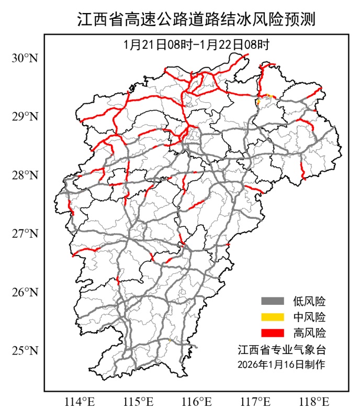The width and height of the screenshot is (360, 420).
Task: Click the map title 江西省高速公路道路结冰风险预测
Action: [196, 20]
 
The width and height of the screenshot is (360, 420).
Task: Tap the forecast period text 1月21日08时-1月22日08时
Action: [196, 45]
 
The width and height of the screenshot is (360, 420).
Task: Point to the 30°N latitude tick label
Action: [25, 58]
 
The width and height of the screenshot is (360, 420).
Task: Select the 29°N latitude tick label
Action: [25, 116]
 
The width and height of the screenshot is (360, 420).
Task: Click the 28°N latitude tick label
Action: [25, 175]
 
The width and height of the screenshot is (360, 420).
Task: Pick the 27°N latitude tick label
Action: [25, 233]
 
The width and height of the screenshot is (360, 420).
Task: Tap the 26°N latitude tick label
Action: [25, 292]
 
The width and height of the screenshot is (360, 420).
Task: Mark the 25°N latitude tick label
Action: [25, 350]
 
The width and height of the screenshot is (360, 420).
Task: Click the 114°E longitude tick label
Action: [80, 402]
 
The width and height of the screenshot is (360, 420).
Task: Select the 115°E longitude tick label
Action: [139, 402]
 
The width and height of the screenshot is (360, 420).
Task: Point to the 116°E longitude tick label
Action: [198, 402]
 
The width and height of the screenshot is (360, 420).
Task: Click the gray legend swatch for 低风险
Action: [273, 301]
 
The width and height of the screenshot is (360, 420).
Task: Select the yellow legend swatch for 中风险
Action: [273, 317]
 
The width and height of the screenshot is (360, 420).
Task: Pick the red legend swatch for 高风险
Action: [273, 333]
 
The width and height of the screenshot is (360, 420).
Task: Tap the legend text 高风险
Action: [309, 333]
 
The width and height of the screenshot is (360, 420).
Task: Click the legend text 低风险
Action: [309, 301]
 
